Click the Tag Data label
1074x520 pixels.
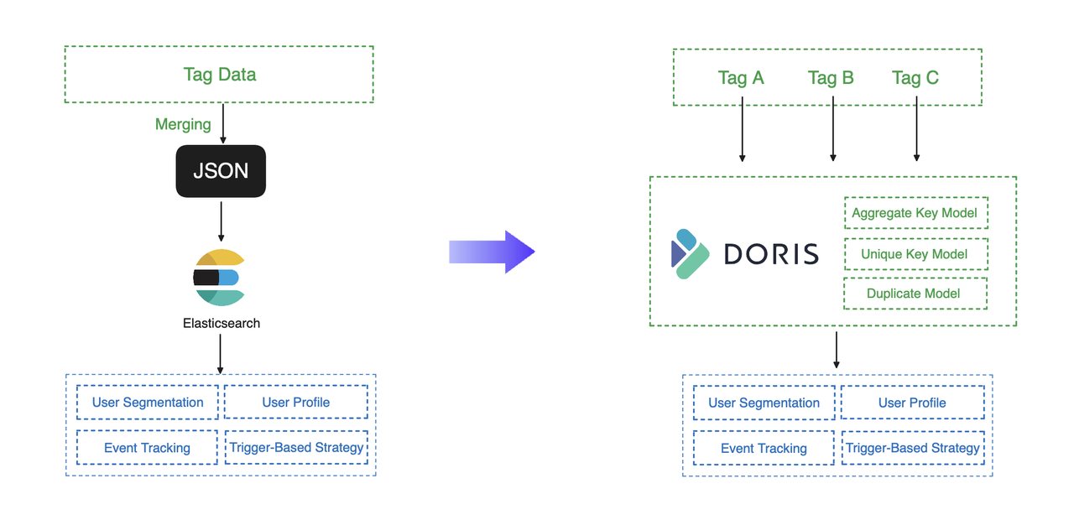tap(220, 75)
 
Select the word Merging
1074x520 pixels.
tap(183, 124)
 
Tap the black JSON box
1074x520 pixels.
tap(221, 171)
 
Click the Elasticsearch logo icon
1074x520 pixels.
tap(219, 278)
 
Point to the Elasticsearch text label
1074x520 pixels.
tap(222, 323)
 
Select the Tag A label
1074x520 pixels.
tap(741, 78)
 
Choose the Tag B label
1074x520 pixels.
tap(831, 78)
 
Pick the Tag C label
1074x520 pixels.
tap(915, 78)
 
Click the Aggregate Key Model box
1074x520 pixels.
tap(915, 213)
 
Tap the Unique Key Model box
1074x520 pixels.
tap(915, 254)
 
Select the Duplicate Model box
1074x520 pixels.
tap(915, 294)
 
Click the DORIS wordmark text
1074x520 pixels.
tap(770, 253)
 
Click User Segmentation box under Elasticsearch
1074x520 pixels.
tap(148, 403)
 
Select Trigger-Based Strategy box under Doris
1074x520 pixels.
tap(913, 448)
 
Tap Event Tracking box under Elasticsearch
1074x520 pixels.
tap(148, 448)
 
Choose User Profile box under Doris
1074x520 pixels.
tap(913, 403)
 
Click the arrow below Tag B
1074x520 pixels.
tap(833, 130)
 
